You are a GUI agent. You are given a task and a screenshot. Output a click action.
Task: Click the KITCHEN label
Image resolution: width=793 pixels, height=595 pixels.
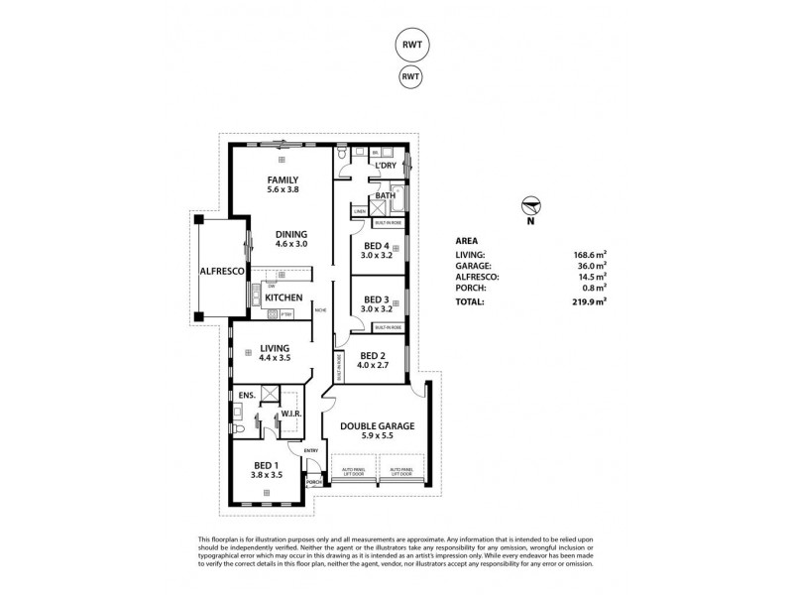pos(284,297)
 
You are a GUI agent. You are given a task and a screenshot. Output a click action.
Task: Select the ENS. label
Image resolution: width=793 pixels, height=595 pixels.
pos(246,395)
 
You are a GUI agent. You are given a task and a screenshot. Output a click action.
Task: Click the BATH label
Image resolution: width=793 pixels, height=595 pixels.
pos(386,195)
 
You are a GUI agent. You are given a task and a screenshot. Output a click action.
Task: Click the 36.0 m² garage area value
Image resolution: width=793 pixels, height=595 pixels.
pos(591,265)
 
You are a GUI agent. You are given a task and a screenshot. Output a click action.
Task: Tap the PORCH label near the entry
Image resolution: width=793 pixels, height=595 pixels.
pos(314,483)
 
